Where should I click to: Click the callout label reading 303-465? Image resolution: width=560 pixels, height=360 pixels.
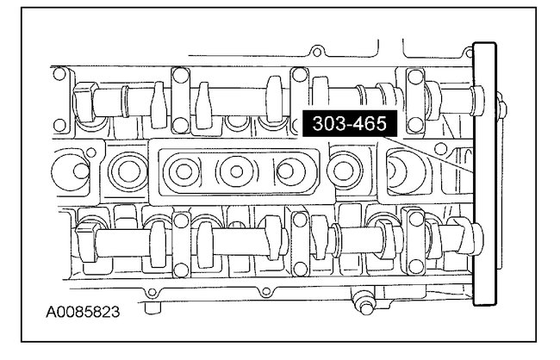[350, 123]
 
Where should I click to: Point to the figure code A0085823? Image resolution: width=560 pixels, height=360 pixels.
[83, 312]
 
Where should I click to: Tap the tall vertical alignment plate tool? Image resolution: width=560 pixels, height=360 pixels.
[485, 174]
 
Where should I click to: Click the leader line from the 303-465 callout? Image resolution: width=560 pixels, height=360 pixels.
[428, 154]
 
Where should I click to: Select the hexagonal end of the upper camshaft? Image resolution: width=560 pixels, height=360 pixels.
[84, 102]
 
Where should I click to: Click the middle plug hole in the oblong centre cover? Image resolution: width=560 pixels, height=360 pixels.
[236, 171]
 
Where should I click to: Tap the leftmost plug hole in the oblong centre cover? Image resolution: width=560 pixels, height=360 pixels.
[184, 171]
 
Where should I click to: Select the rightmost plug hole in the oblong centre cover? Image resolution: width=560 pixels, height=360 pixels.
[286, 171]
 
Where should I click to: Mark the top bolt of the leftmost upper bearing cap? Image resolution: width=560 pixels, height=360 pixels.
[181, 76]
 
